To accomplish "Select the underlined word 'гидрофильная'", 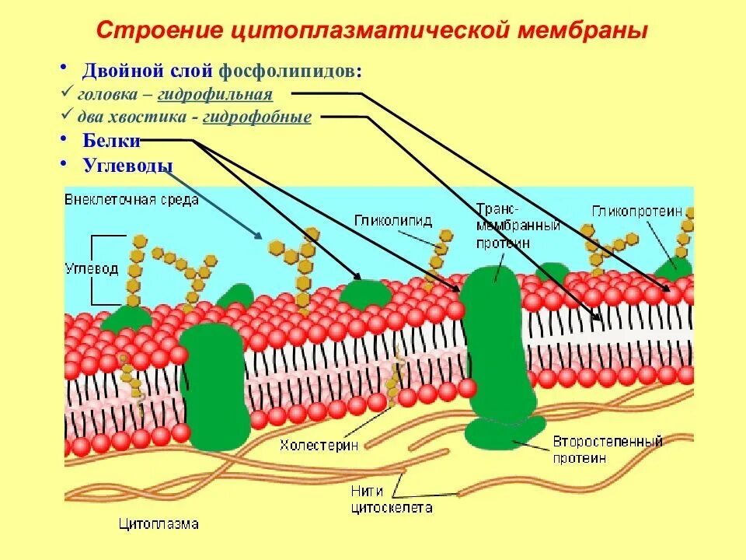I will tap(215, 95).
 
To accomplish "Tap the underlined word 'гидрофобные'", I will tap(257, 117).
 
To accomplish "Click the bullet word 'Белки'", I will tap(112, 141).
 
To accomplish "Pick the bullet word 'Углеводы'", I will tap(127, 165).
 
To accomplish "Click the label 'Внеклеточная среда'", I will tap(132, 199).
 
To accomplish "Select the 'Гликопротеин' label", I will tap(636, 212).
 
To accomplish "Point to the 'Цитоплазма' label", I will tap(159, 524).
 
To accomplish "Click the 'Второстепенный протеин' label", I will tap(607, 450).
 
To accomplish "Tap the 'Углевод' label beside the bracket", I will tap(92, 269).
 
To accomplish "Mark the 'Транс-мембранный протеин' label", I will tap(507, 226).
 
